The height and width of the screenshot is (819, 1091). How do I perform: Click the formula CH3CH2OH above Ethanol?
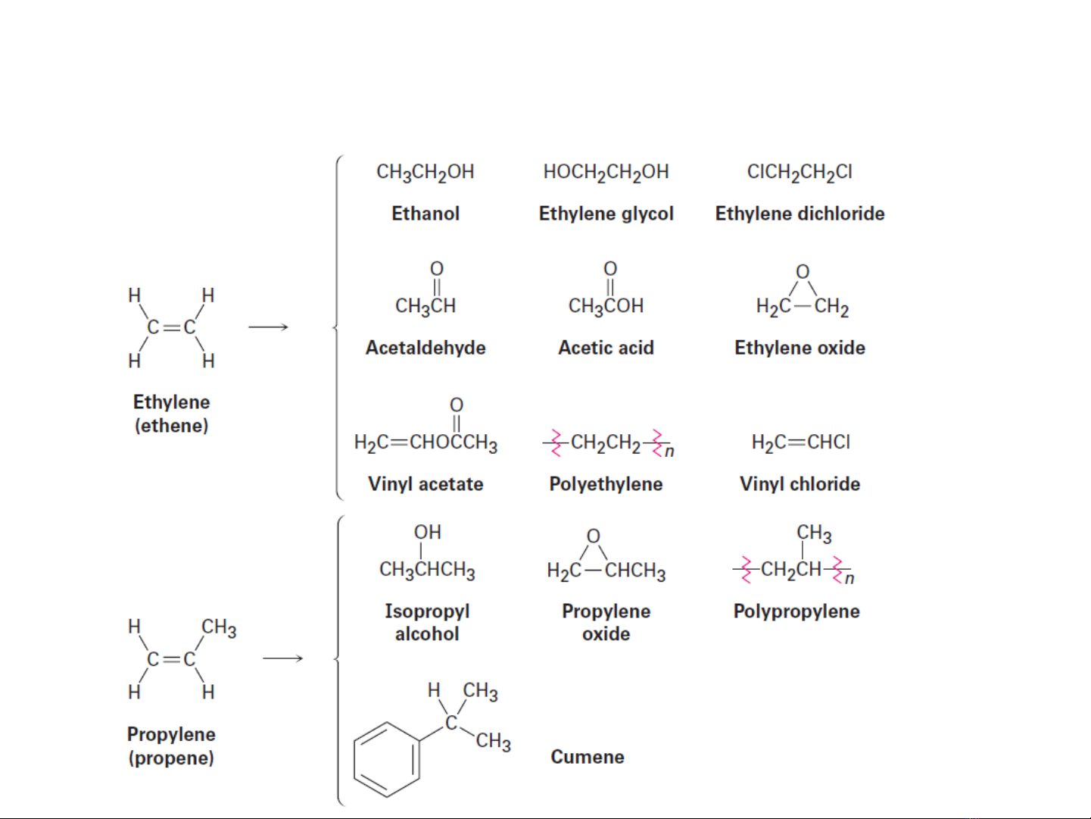[x=425, y=173]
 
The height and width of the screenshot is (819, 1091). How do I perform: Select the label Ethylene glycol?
[x=606, y=214]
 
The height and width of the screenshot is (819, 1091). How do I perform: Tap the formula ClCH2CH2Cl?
[x=800, y=173]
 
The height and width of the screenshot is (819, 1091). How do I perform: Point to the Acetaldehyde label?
[x=425, y=348]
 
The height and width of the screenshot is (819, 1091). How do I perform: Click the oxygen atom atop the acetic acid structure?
[x=610, y=268]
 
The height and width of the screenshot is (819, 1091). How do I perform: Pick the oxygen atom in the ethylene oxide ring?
[x=803, y=271]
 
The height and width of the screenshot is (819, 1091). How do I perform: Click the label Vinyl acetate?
[x=425, y=484]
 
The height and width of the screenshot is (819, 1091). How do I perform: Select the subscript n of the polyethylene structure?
[x=669, y=452]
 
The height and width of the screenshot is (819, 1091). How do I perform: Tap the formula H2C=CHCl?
[x=800, y=442]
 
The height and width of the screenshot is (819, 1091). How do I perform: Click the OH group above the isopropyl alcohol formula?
[x=427, y=533]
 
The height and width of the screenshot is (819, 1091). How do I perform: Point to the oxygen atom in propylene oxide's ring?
[x=594, y=536]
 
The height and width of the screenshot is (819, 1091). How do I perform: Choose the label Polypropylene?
[x=796, y=611]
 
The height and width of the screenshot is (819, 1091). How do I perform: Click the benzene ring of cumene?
[x=387, y=760]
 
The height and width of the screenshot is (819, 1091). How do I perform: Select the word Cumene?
[x=588, y=757]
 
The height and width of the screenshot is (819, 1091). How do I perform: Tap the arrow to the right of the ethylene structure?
[x=269, y=327]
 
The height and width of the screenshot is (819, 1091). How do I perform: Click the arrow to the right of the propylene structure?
[x=282, y=658]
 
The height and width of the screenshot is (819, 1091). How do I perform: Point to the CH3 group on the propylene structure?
[x=219, y=627]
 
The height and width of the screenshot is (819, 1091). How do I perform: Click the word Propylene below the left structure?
[x=171, y=734]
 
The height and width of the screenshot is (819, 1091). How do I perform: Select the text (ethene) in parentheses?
[x=171, y=426]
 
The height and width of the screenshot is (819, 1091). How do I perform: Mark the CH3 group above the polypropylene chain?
[x=814, y=533]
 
